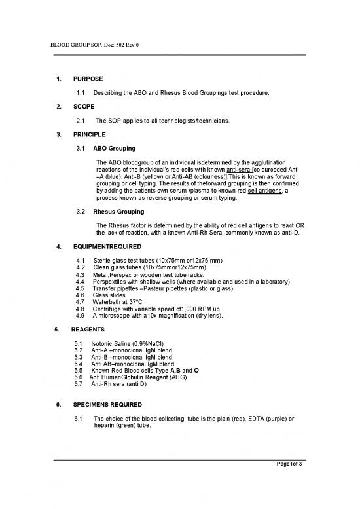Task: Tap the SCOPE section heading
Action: pyautogui.click(x=84, y=106)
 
